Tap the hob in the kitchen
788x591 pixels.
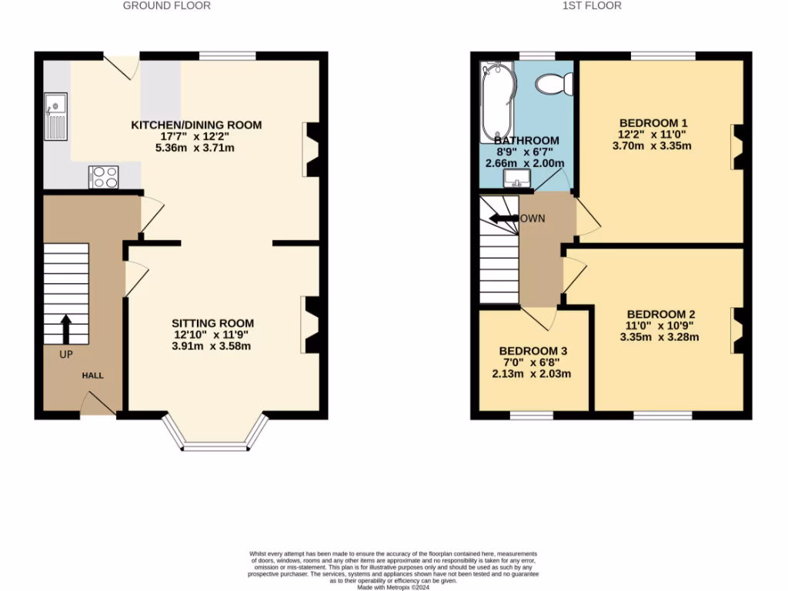103,177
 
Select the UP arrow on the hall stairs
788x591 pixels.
65,329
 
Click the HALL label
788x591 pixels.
93,376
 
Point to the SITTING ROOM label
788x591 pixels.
212,323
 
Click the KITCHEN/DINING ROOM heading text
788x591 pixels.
196,125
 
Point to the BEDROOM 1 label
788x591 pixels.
653,122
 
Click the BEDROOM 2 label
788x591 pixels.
661,314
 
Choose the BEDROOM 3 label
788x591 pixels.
533,351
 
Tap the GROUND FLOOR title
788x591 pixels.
167,5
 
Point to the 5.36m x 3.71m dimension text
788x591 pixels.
196,148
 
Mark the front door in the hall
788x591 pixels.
98,405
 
